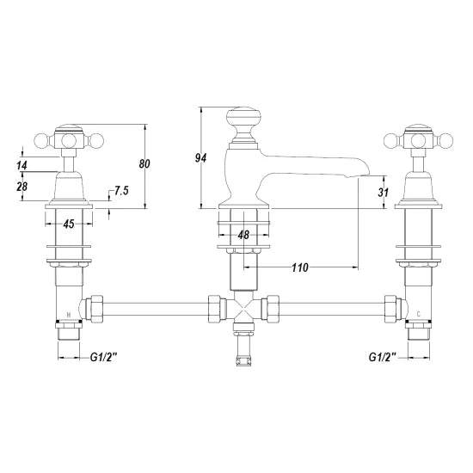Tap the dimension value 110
tap(299, 267)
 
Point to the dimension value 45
tap(67, 225)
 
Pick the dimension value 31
tap(384, 193)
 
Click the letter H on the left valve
tap(69, 314)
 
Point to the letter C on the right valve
tap(418, 314)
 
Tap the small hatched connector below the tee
tap(243, 354)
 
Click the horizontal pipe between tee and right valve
tap(335, 306)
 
